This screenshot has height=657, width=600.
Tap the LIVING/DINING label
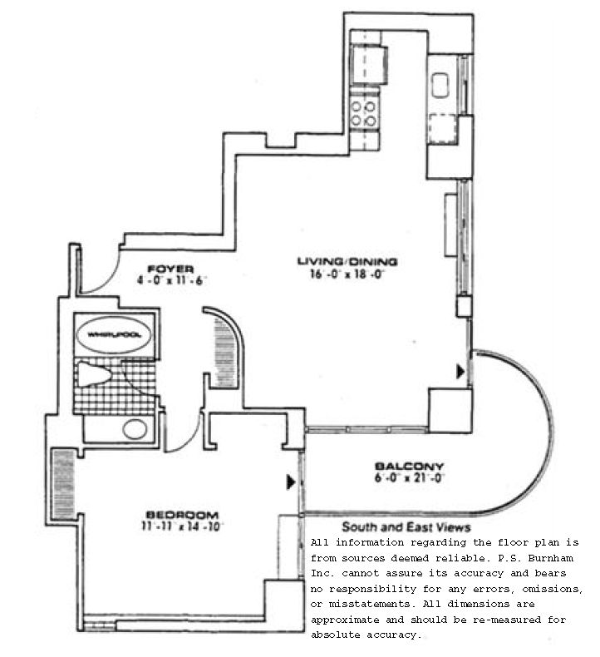click(347, 261)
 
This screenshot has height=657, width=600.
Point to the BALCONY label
click(409, 466)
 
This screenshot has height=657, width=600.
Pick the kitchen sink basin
click(440, 84)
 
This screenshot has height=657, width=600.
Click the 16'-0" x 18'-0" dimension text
click(347, 273)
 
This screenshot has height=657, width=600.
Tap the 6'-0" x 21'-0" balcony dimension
click(409, 477)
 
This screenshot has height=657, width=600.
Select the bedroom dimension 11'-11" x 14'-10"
click(184, 526)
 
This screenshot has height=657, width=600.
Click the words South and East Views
click(406, 527)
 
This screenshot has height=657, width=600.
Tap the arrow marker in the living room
click(460, 373)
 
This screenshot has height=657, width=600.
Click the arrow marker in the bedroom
click(291, 482)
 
